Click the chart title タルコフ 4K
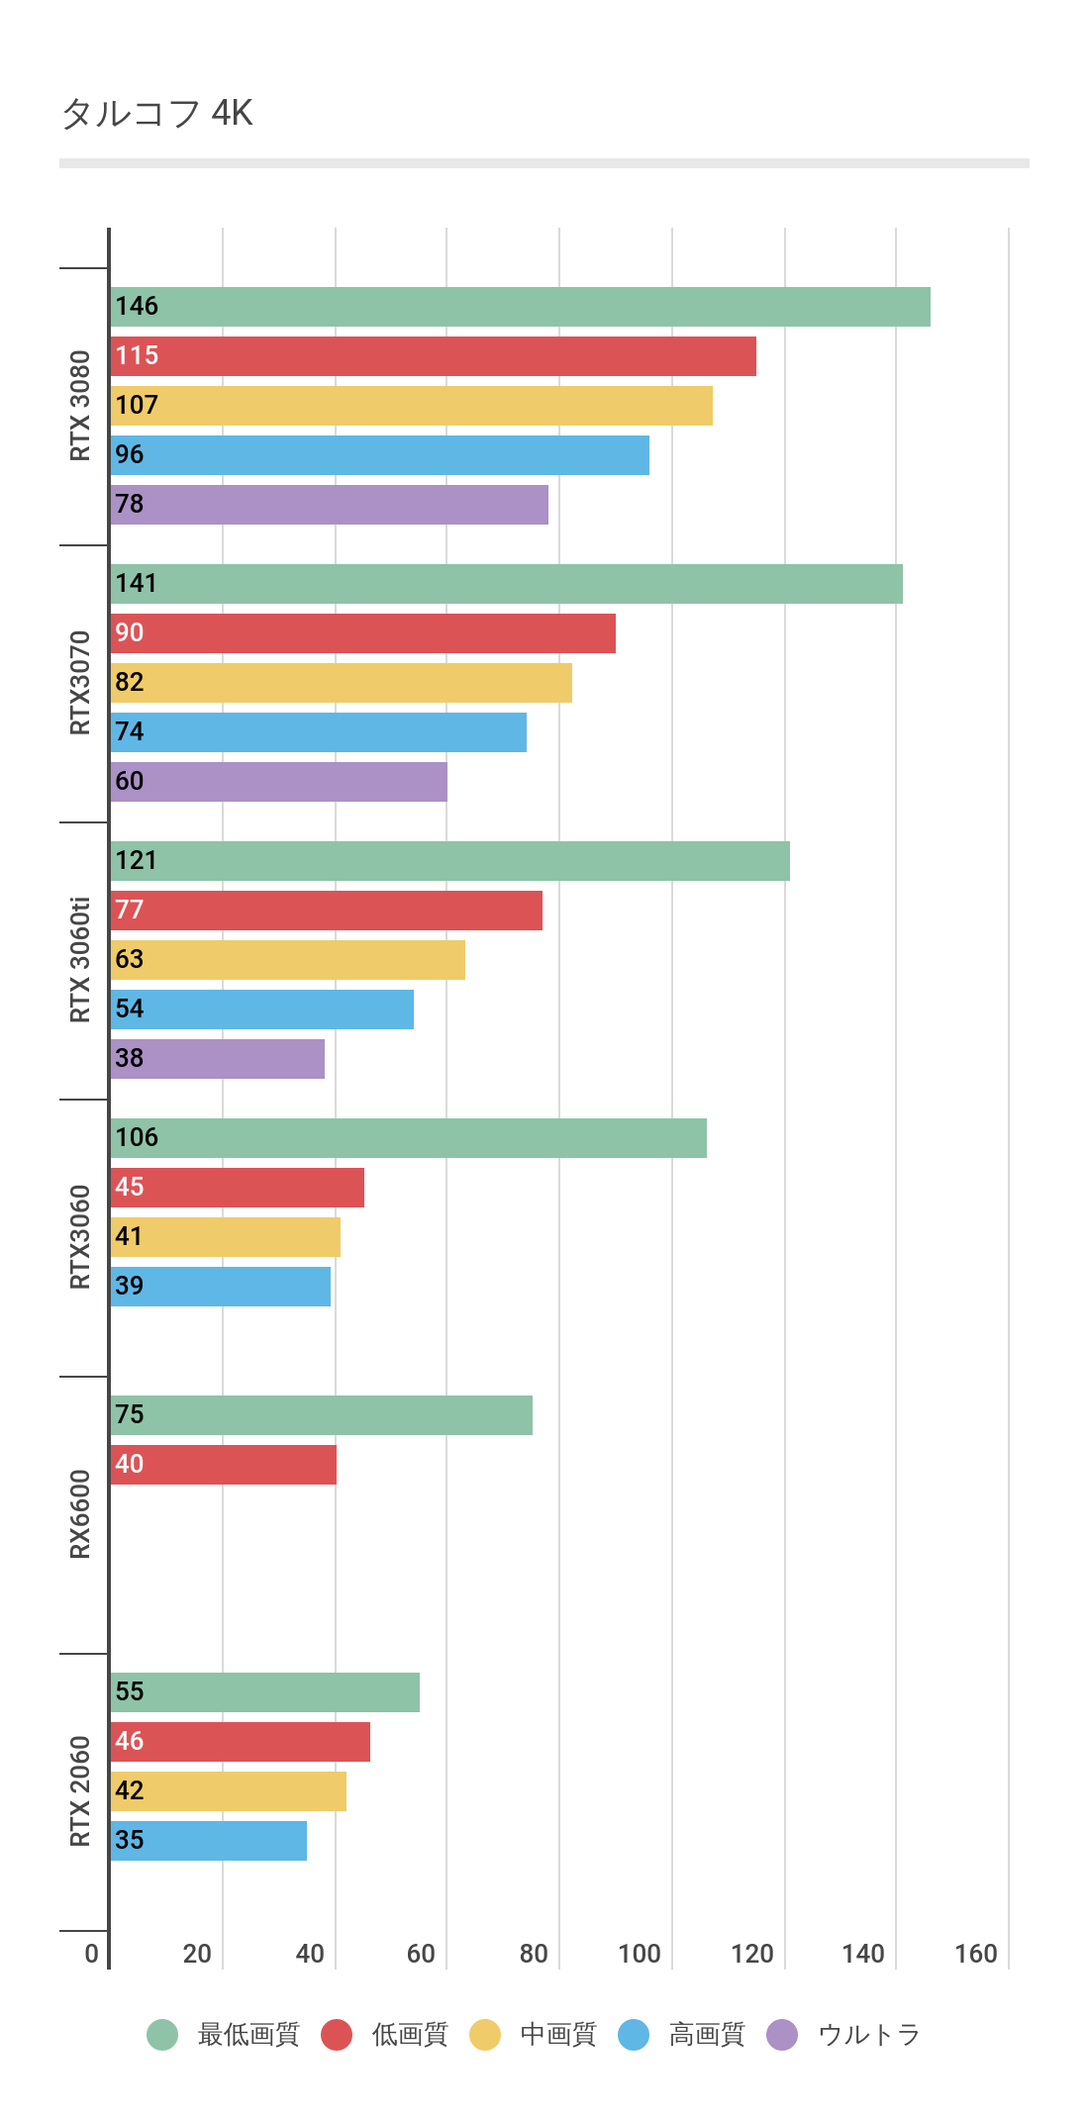(x=157, y=114)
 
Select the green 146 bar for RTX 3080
(x=521, y=307)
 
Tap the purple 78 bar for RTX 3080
(x=330, y=505)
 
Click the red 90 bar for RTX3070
(x=363, y=633)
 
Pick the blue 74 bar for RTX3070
(x=319, y=732)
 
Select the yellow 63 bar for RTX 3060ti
(x=288, y=960)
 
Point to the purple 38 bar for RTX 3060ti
(x=218, y=1059)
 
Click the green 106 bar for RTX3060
(x=409, y=1138)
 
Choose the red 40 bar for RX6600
(x=224, y=1465)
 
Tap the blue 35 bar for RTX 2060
(x=209, y=1841)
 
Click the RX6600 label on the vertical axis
(x=80, y=1514)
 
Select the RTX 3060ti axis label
(x=80, y=960)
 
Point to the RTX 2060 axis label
(x=80, y=1791)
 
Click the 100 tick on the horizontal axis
(x=640, y=1954)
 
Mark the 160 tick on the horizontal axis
(x=976, y=1954)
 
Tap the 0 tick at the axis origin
(x=92, y=1954)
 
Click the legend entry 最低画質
(x=248, y=2035)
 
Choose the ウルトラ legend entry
(x=869, y=2035)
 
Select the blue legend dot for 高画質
(x=634, y=2035)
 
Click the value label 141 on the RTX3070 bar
(x=136, y=584)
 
